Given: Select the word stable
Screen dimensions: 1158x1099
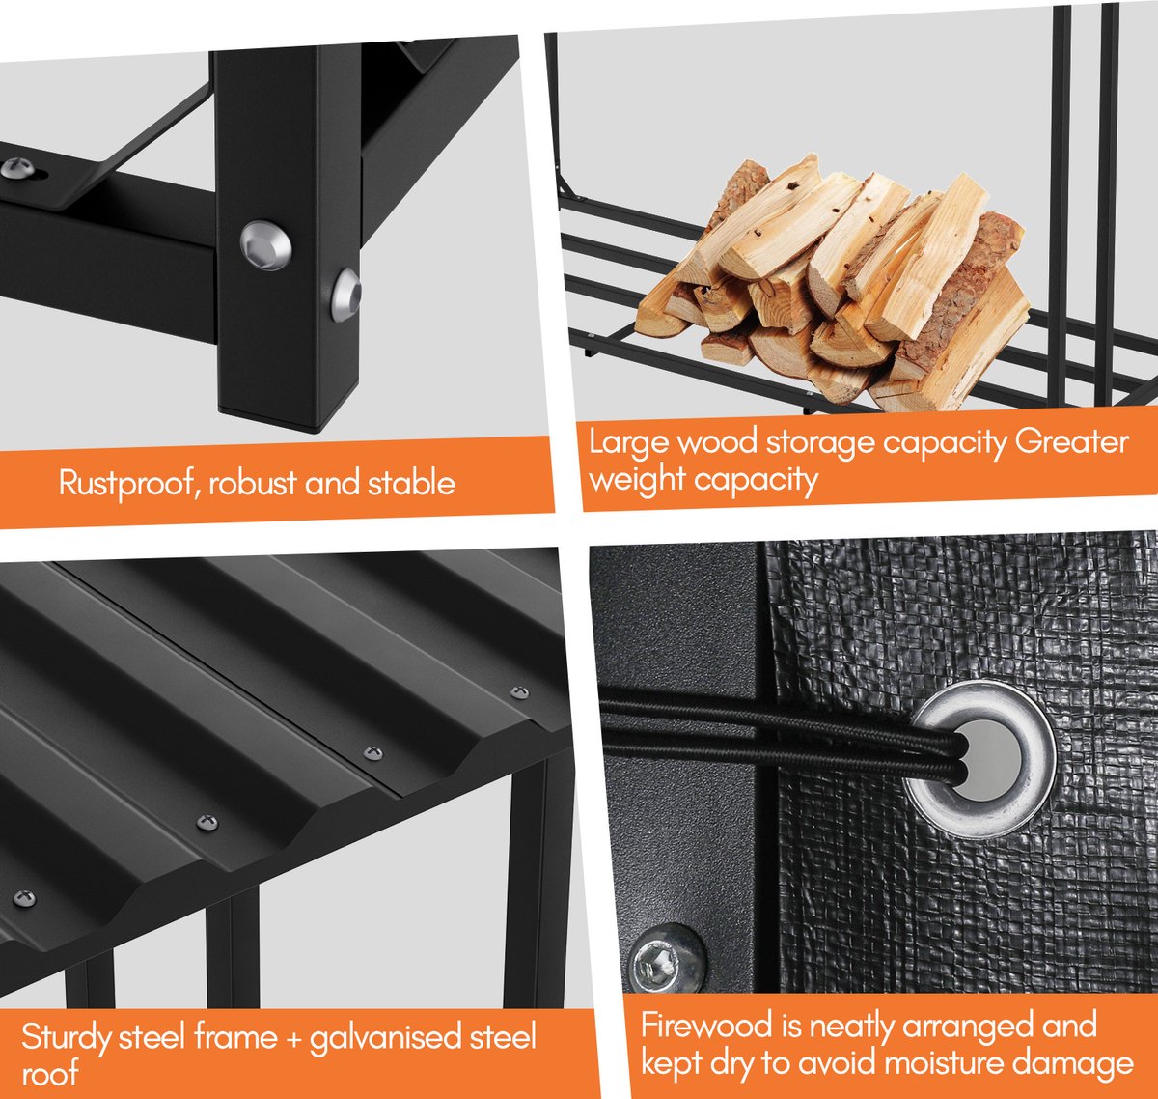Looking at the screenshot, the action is pos(412,483).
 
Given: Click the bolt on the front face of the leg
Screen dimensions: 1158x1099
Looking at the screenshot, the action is pos(266,245).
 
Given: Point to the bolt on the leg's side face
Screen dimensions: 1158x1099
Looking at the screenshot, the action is pos(345,295).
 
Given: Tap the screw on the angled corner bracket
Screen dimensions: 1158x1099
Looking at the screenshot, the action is pos(17,169).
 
